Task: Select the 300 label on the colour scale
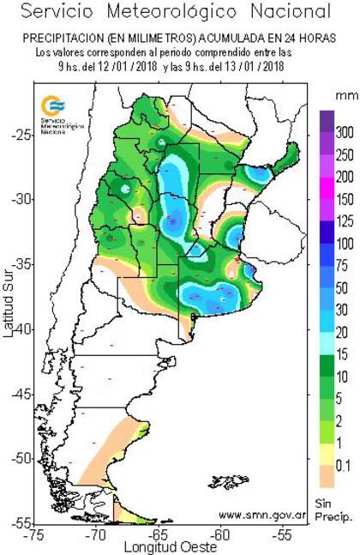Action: [345, 135]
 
